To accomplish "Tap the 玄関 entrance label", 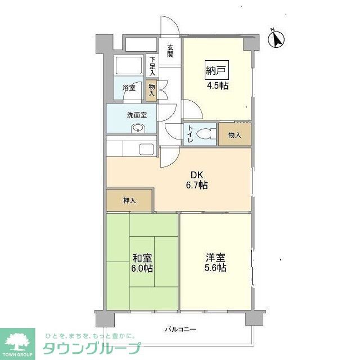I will pos(170,51).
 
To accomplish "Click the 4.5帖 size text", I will pos(217,86).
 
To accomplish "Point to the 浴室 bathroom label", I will pos(129,87).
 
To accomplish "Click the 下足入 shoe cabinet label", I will pos(152,66).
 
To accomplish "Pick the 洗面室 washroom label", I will pos(137,115).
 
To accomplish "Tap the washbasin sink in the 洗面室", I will pos(138,128).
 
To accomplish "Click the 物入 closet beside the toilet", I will pos(235,135).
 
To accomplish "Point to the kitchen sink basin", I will pos(146,149).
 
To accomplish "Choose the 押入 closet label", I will pos(129,200).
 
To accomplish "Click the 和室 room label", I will pos(142,258).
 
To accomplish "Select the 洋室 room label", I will pos(215,258).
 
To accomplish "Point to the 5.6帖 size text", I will pos(215,268).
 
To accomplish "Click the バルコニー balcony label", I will pos(180,329).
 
